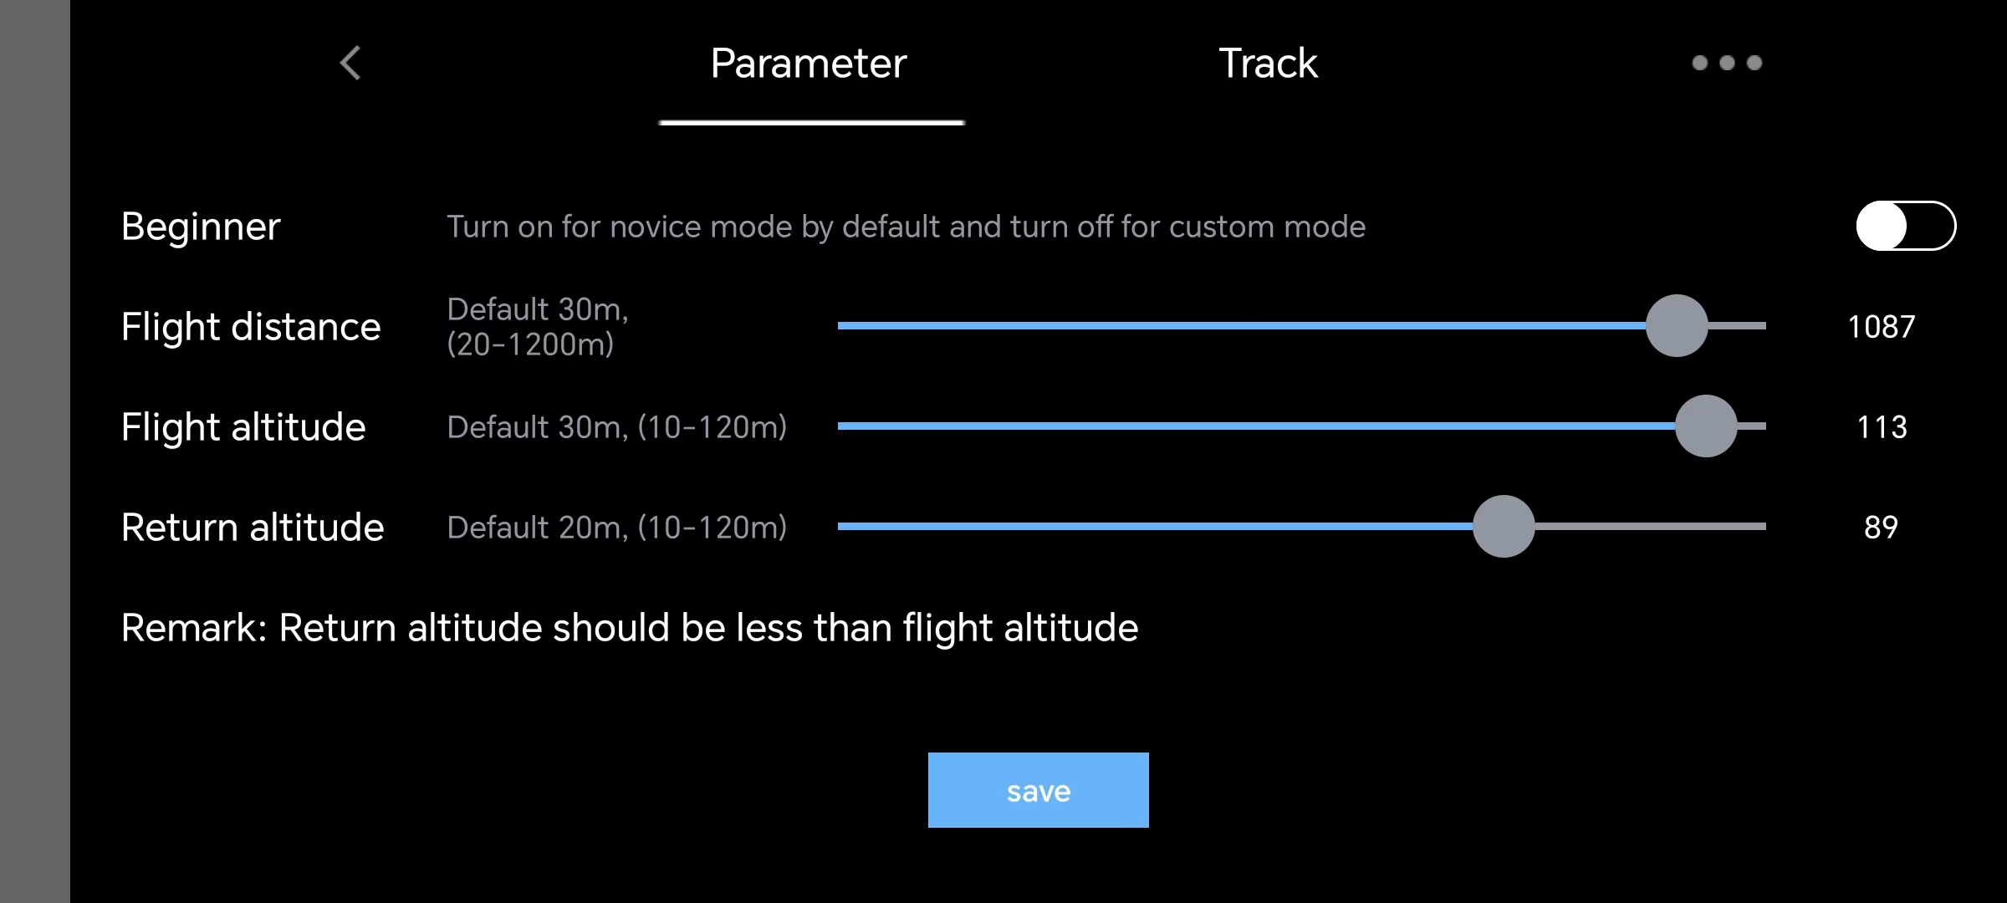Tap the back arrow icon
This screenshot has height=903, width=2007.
click(350, 63)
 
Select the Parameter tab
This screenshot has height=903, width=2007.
click(809, 64)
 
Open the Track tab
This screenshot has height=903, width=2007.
click(1268, 64)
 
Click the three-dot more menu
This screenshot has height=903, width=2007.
click(1727, 63)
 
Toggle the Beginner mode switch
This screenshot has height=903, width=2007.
click(1906, 226)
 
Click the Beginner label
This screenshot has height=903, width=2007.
click(201, 227)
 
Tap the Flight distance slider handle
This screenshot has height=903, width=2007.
click(1677, 326)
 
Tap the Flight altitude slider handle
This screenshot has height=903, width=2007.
click(1706, 426)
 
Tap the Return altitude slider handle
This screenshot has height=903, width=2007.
click(1504, 527)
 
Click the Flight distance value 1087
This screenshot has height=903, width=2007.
click(1881, 327)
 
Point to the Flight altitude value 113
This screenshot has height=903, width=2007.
click(1882, 427)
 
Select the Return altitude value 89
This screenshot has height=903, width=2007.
click(1881, 528)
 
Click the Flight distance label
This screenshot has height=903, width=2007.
click(251, 327)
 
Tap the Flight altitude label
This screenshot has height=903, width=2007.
click(243, 427)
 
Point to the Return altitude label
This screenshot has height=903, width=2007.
click(253, 528)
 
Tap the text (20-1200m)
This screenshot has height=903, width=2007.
click(530, 344)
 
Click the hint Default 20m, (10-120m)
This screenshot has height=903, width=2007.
click(617, 528)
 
